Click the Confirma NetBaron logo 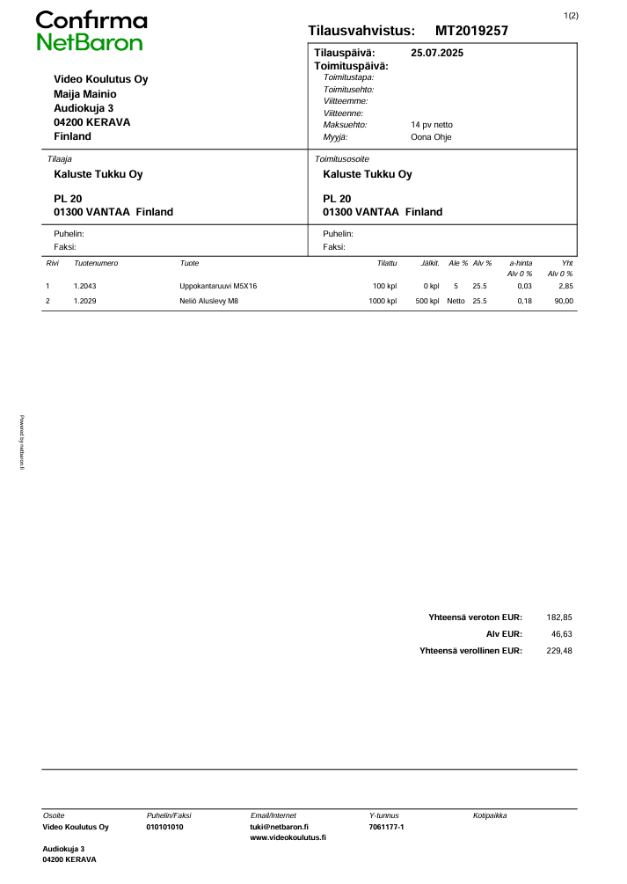(x=91, y=32)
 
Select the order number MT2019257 (x=471, y=31)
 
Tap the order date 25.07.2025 (x=437, y=53)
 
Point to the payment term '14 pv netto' (x=432, y=125)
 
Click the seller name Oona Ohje (x=431, y=137)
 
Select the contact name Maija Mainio (x=85, y=94)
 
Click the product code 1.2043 (x=85, y=287)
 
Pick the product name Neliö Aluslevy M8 (x=208, y=302)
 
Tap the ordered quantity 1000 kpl (x=383, y=302)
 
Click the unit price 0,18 (x=525, y=302)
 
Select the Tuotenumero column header (x=96, y=264)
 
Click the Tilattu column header (x=387, y=264)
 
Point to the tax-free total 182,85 (x=559, y=617)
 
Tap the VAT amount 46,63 (x=561, y=634)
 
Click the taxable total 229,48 (x=559, y=651)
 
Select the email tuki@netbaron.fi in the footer (x=279, y=827)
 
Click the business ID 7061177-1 (x=386, y=827)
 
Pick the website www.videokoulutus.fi (x=288, y=838)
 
